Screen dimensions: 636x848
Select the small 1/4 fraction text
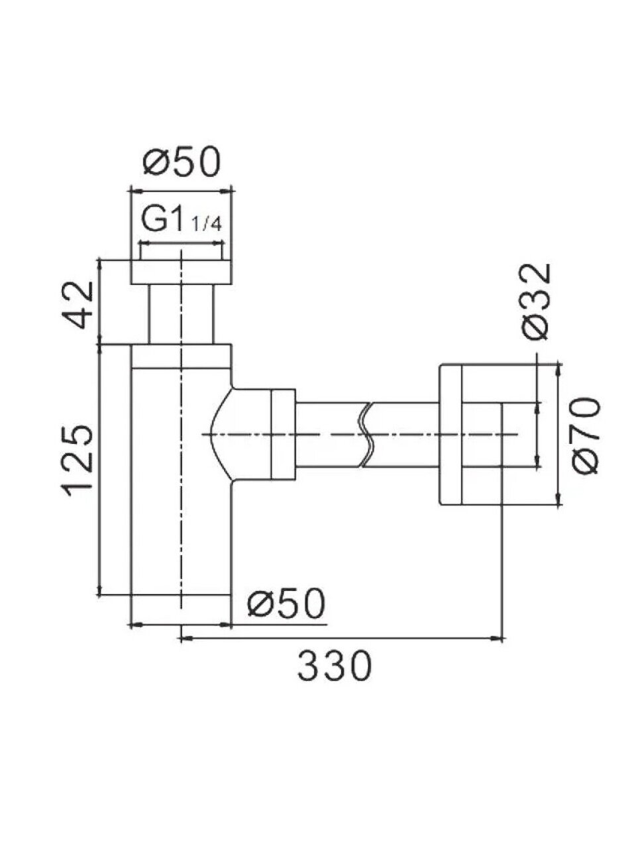(x=207, y=225)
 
